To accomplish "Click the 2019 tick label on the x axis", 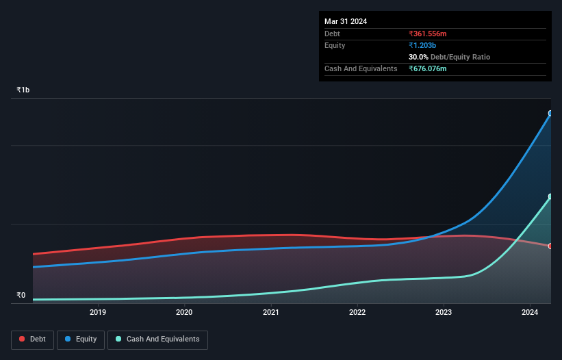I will coord(98,313).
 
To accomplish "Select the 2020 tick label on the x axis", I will coord(184,313).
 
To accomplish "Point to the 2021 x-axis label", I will coord(270,313).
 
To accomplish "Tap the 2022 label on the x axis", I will coord(357,313).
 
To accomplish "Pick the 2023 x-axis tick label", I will coord(444,313).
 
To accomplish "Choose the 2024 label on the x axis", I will coord(530,313).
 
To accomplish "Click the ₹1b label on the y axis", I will coord(23,90).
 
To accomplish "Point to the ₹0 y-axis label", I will coord(21,296).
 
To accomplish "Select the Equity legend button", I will coord(81,339).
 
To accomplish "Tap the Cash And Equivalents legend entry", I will coord(157,339).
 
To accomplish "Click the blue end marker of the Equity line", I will coord(550,114).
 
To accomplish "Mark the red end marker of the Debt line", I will coord(550,246).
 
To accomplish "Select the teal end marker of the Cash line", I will coord(550,197).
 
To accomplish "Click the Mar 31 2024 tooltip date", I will coord(346,21).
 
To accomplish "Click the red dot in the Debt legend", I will coord(23,339).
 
